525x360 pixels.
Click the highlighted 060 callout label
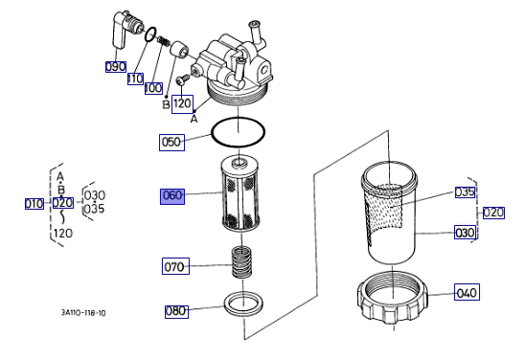click(x=172, y=196)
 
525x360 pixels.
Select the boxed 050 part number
click(x=171, y=143)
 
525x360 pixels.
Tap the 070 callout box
click(x=175, y=266)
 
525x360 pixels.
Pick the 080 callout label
click(x=176, y=311)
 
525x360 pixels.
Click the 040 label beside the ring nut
click(x=467, y=292)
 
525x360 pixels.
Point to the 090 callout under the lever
click(x=116, y=67)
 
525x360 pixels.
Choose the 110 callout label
click(x=135, y=79)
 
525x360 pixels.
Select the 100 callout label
click(x=153, y=89)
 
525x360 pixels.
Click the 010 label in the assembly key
click(x=34, y=203)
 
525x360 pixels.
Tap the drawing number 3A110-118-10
click(x=83, y=313)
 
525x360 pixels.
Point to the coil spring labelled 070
click(x=242, y=261)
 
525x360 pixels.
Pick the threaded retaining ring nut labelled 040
click(x=393, y=299)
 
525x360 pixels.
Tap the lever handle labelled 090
click(x=120, y=31)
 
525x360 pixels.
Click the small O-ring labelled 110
click(x=150, y=34)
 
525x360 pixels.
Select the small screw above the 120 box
click(x=182, y=79)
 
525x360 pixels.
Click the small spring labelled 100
click(x=164, y=41)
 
